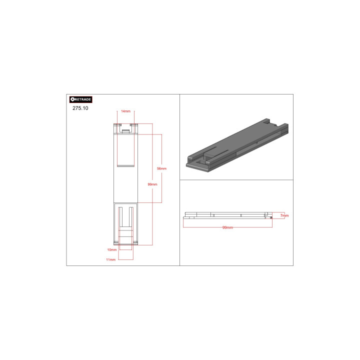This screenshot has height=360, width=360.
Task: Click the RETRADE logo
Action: click(81, 99)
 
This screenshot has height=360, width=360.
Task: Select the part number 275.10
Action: click(80, 108)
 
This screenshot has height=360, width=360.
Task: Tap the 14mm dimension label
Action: click(126, 111)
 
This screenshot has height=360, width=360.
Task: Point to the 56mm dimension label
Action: click(161, 168)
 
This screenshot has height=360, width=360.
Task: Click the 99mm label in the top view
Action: click(152, 184)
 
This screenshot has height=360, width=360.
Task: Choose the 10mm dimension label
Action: click(112, 250)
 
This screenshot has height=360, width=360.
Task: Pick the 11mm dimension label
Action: click(110, 259)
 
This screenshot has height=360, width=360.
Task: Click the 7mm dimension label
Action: click(284, 215)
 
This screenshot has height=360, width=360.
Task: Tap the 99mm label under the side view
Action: click(227, 227)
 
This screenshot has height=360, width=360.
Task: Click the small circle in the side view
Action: click(271, 217)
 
